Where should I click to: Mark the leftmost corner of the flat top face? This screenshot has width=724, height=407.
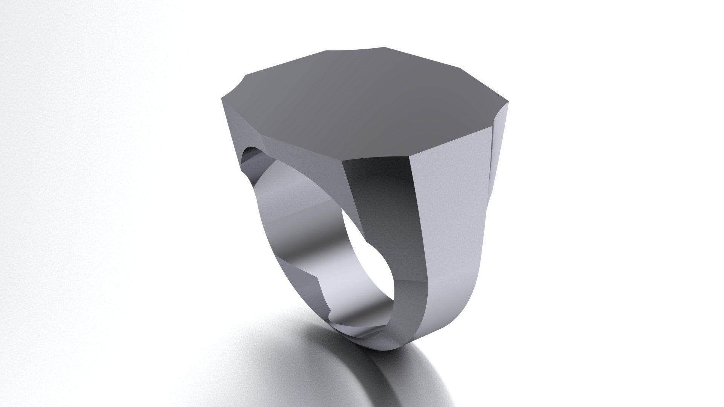pyautogui.click(x=220, y=99)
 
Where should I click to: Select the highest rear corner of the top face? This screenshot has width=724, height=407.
pyautogui.click(x=385, y=47)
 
